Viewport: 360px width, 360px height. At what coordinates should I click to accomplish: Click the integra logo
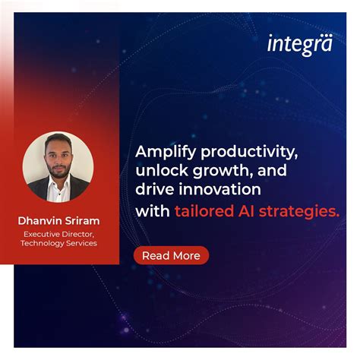click(x=299, y=45)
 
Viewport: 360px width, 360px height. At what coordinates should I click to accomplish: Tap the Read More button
click(x=171, y=256)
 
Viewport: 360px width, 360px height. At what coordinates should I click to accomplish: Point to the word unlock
click(x=156, y=170)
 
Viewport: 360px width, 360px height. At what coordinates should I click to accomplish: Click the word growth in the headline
click(x=210, y=170)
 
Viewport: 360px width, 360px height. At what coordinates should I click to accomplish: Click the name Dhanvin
click(x=42, y=221)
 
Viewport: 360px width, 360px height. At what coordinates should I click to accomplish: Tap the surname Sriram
click(x=84, y=221)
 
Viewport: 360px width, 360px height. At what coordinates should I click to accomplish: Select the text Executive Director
click(x=58, y=234)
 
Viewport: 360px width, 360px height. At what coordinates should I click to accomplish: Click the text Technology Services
click(x=58, y=244)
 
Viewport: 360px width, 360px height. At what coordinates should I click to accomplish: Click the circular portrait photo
click(x=58, y=168)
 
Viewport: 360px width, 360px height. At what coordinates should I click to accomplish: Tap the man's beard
click(x=58, y=174)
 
